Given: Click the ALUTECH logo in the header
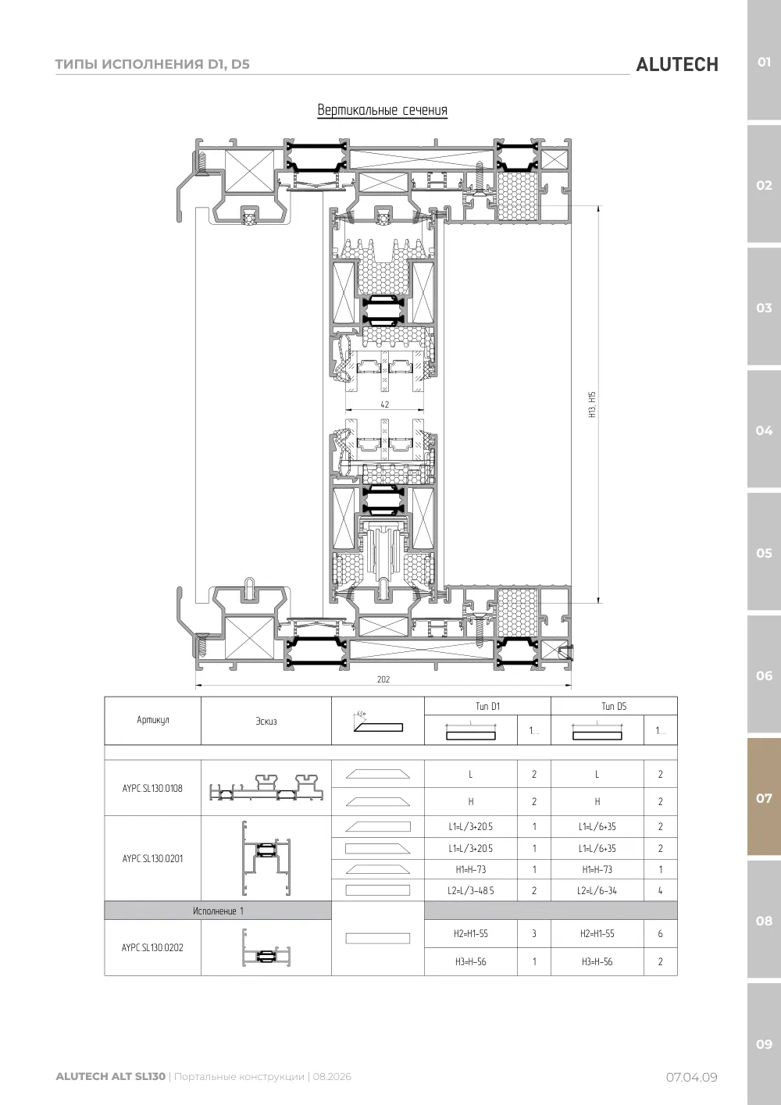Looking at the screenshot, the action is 677,65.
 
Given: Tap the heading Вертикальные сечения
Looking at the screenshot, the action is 383,109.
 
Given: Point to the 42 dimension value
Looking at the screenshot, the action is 385,405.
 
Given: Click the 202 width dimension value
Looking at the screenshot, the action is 383,679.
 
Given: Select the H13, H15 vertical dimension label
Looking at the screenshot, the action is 593,405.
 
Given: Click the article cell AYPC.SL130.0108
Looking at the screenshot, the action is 152,788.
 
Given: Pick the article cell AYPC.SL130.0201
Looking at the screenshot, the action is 152,859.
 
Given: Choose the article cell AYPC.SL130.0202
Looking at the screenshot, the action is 152,947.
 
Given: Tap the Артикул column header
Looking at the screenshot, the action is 153,720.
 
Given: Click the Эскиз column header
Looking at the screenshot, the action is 266,722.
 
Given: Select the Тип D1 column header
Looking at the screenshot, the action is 487,707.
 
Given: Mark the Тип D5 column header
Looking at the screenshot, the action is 614,707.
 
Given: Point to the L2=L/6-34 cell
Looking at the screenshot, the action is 597,891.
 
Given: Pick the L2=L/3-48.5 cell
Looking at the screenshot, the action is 471,891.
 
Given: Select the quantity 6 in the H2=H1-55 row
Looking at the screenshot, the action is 660,934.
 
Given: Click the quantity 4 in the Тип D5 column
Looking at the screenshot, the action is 660,891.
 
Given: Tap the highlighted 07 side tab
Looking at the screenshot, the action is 764,798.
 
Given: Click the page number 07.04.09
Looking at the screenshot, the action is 692,1078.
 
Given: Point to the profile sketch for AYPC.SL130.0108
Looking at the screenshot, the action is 266,787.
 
